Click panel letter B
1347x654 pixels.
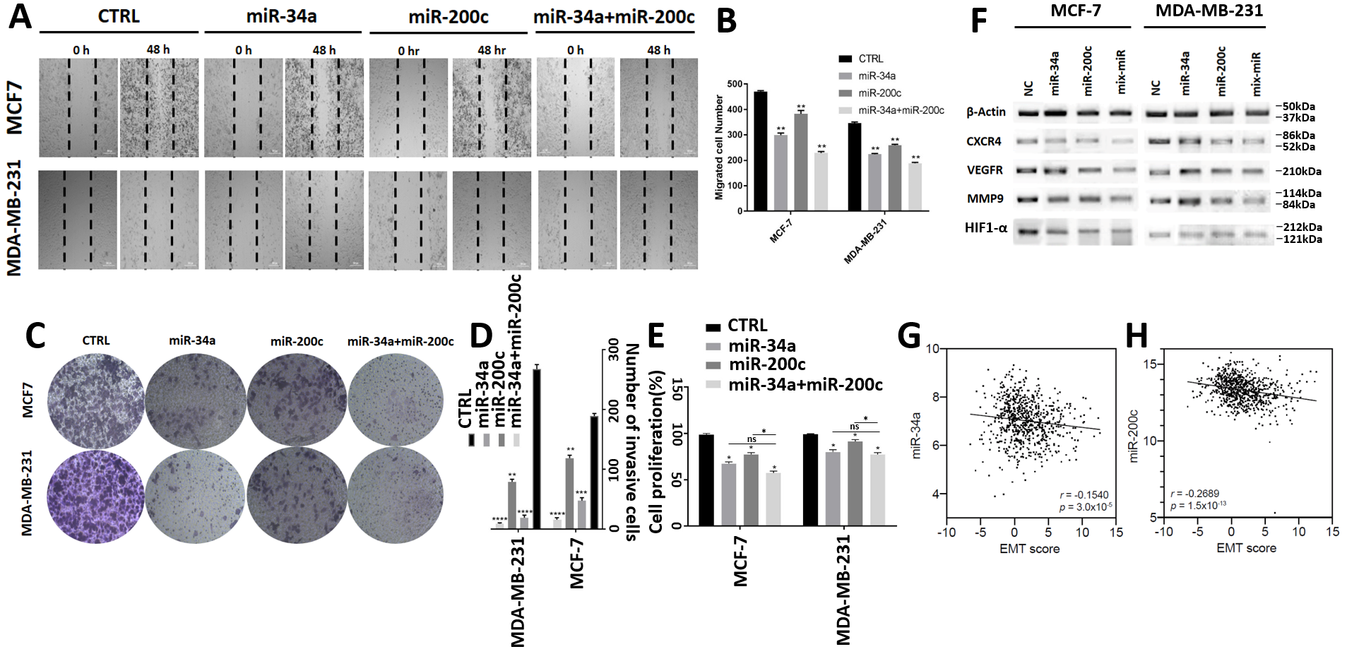click(x=726, y=21)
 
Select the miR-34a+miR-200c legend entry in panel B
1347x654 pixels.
click(x=901, y=110)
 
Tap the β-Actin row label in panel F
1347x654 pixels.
click(x=986, y=112)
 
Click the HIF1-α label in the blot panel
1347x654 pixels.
click(x=986, y=228)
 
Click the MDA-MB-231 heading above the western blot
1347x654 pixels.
click(x=1209, y=11)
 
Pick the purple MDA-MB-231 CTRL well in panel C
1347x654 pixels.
click(x=95, y=497)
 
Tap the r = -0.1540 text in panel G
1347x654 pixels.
click(x=1084, y=494)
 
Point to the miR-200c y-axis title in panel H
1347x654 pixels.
click(x=1134, y=436)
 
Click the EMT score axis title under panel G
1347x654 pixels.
click(x=1029, y=549)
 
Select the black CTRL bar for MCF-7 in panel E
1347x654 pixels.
click(x=706, y=480)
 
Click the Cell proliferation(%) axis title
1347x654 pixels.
click(x=657, y=452)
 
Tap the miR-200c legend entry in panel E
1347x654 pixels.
click(x=766, y=364)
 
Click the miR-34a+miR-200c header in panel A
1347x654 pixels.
click(x=614, y=17)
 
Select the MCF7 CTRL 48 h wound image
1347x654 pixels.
click(x=159, y=107)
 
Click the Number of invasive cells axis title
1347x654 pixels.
click(x=631, y=442)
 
